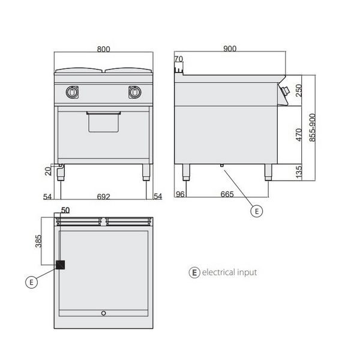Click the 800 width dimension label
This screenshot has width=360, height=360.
(x=104, y=49)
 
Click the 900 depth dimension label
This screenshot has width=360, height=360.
(x=230, y=49)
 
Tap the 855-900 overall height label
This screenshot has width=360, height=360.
(x=312, y=128)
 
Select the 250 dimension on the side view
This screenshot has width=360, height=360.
(x=299, y=91)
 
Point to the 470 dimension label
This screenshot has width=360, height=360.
(x=299, y=135)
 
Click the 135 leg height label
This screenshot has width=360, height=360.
(x=299, y=172)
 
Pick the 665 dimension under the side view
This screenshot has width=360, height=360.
(x=227, y=194)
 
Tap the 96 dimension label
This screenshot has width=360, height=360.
(x=180, y=194)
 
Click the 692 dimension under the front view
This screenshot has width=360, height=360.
(x=104, y=197)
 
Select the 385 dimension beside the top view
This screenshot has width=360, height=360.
(x=38, y=241)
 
